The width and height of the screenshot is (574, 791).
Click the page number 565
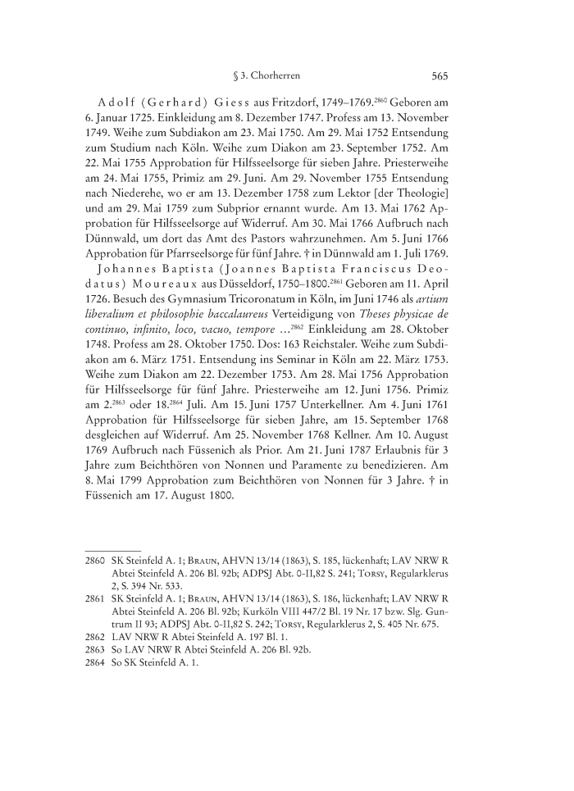pyautogui.click(x=437, y=76)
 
